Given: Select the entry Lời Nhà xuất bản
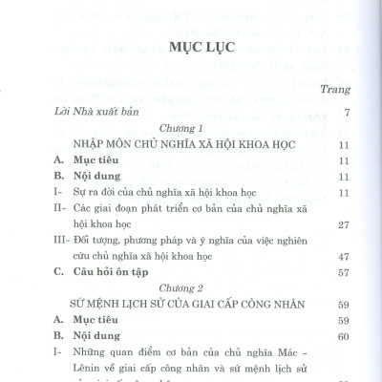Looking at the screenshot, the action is pos(84,113).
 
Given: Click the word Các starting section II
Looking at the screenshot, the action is pos(81,208).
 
